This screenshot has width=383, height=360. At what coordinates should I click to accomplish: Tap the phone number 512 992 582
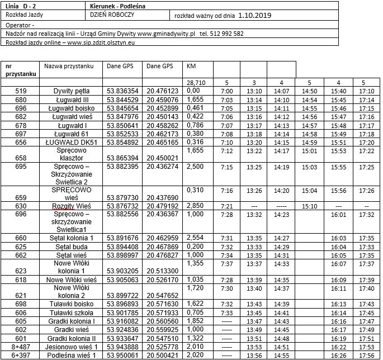(x=228, y=34)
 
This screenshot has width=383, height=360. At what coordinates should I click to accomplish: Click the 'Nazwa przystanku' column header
(x=69, y=66)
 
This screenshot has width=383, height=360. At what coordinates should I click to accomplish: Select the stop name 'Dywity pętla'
(x=72, y=91)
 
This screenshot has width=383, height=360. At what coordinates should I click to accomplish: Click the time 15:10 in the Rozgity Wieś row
(x=309, y=206)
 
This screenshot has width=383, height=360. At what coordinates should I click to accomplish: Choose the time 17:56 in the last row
(x=367, y=356)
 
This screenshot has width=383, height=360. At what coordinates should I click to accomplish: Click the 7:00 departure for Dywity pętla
(x=226, y=91)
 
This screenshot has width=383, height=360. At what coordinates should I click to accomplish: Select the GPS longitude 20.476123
(x=162, y=91)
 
